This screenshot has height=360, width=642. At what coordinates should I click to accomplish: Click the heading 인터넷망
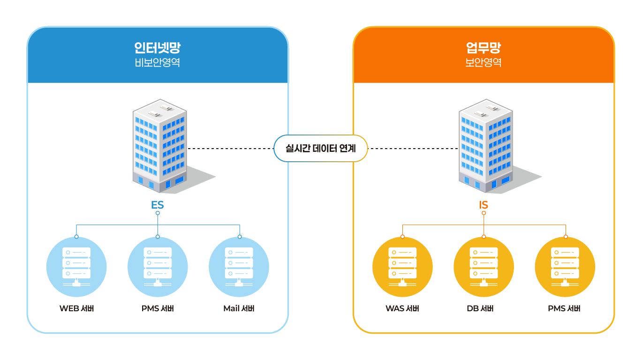157,48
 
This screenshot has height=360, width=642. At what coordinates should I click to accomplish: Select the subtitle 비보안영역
157,63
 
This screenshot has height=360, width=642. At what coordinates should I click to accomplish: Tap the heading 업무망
483,48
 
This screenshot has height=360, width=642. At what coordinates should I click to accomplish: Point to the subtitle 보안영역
483,63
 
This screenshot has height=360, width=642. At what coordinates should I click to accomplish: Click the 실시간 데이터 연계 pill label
321,149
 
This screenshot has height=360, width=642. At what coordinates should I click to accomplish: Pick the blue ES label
158,205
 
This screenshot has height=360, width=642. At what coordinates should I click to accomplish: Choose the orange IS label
483,205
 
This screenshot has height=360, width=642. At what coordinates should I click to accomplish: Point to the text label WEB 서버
76,309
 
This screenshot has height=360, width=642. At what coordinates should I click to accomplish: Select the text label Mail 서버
239,309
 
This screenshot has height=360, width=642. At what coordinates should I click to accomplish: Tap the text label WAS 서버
402,309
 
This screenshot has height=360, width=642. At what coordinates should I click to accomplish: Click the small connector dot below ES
158,213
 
